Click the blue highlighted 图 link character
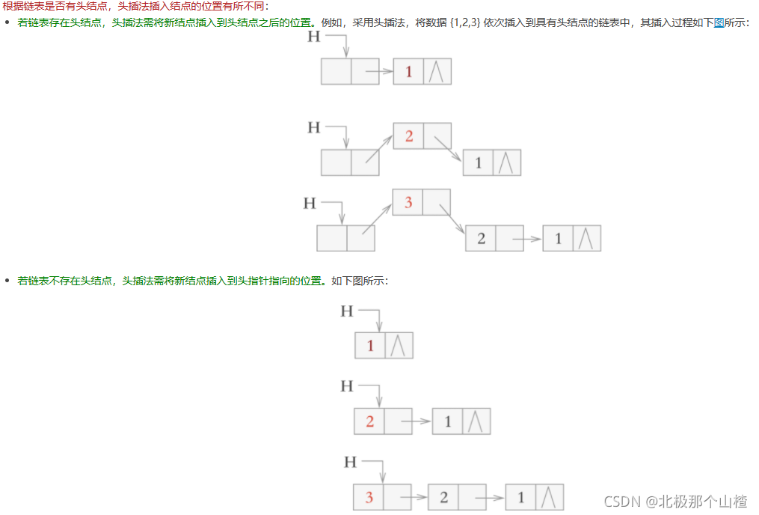coord(719,23)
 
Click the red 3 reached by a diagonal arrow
coord(408,202)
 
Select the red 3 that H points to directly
coord(369,498)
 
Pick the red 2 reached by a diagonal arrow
coord(408,136)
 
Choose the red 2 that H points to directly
coord(369,421)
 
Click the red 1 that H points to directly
coord(370,345)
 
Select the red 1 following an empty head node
coord(408,71)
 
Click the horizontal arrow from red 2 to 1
coord(417,421)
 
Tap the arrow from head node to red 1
coord(378,72)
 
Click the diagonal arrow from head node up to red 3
coord(378,220)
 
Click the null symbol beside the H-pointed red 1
coord(399,345)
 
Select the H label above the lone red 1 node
coord(346,311)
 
